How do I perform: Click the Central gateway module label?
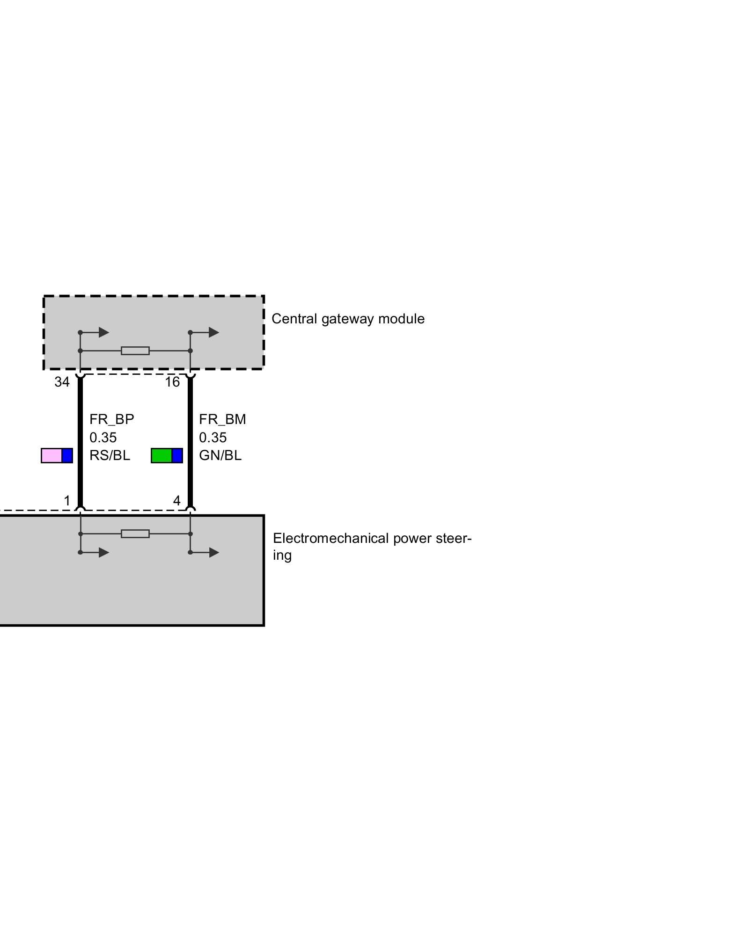[348, 319]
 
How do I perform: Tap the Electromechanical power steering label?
[372, 546]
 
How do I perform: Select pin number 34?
[62, 382]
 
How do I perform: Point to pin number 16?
[172, 382]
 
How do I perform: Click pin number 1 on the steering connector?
[67, 501]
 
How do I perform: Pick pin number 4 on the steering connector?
[176, 501]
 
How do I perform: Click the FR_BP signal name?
[111, 419]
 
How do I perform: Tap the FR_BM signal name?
[222, 419]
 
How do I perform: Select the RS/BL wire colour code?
[110, 455]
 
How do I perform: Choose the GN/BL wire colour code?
[220, 455]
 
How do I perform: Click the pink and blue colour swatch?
[57, 455]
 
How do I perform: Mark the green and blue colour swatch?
[167, 455]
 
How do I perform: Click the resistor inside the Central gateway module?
[135, 351]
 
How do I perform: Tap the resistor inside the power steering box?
[135, 534]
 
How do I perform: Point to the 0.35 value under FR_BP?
[103, 438]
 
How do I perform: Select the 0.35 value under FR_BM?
[213, 438]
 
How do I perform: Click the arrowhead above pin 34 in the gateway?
[104, 332]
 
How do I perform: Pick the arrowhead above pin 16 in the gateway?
[214, 332]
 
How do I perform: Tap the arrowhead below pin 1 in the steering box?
[104, 553]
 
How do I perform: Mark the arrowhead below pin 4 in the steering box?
[214, 553]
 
